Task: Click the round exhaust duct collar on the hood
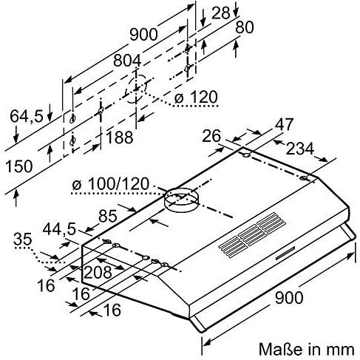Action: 181,197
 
